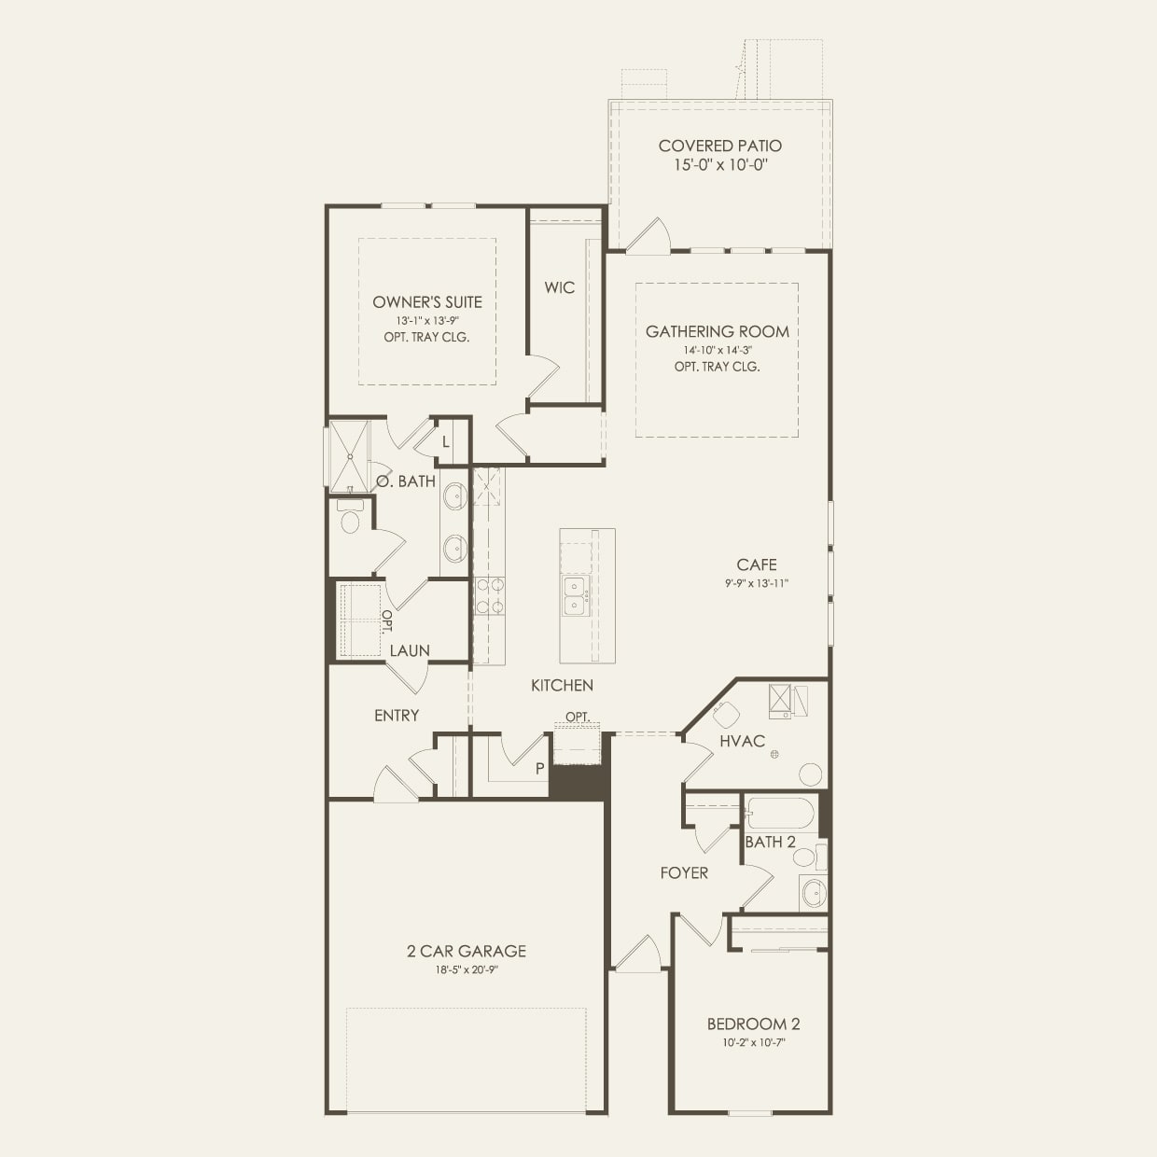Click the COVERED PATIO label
(719, 146)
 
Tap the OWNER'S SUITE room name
(427, 301)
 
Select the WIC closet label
(560, 287)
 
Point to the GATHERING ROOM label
(717, 331)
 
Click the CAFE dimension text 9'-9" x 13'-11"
(756, 583)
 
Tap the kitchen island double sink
(576, 596)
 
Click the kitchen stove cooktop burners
(490, 595)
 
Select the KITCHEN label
(562, 685)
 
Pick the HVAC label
(742, 741)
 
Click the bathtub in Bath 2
(779, 813)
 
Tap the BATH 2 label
(770, 842)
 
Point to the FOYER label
(684, 872)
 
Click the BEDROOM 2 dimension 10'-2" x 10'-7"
(753, 1043)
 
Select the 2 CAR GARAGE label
(466, 951)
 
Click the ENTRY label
(397, 715)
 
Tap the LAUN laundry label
(410, 650)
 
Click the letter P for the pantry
(539, 769)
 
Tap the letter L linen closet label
(446, 442)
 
